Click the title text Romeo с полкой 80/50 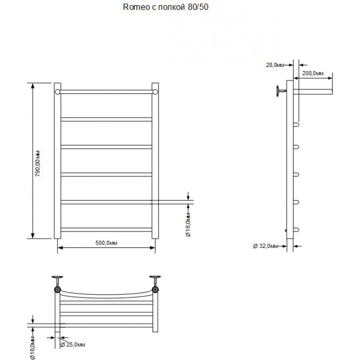click(x=166, y=7)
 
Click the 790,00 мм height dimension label click(x=38, y=163)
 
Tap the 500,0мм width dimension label click(x=106, y=243)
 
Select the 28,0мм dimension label click(x=275, y=65)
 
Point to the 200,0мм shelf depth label click(x=313, y=73)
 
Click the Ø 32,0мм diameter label click(x=265, y=246)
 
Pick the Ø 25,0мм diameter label click(x=72, y=345)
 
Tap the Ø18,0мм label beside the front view click(x=188, y=225)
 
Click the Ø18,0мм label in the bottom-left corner click(x=32, y=347)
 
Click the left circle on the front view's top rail click(x=58, y=92)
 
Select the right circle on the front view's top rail click(x=155, y=92)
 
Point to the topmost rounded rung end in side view click(x=296, y=125)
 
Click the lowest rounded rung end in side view click(x=296, y=229)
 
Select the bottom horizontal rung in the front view click(x=106, y=229)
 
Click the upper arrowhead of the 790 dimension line click(x=32, y=86)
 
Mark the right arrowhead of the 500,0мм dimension click(x=153, y=247)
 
